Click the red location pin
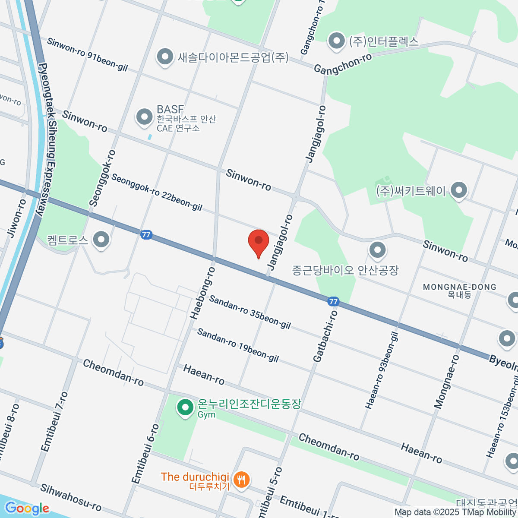[259, 242]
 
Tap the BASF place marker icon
[144, 117]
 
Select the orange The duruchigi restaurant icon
[241, 479]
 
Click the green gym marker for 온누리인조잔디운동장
[186, 407]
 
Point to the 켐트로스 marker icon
[101, 240]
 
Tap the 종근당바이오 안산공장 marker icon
[378, 250]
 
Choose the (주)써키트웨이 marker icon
[458, 190]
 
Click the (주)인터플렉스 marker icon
[336, 41]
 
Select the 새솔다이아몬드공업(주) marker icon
[164, 57]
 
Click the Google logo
[27, 508]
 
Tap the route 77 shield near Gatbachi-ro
[333, 301]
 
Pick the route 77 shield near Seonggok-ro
[146, 235]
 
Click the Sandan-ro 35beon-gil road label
[250, 312]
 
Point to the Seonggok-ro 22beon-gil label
[157, 193]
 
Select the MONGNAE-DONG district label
[459, 287]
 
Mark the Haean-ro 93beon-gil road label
[382, 370]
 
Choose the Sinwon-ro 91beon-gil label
[87, 54]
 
